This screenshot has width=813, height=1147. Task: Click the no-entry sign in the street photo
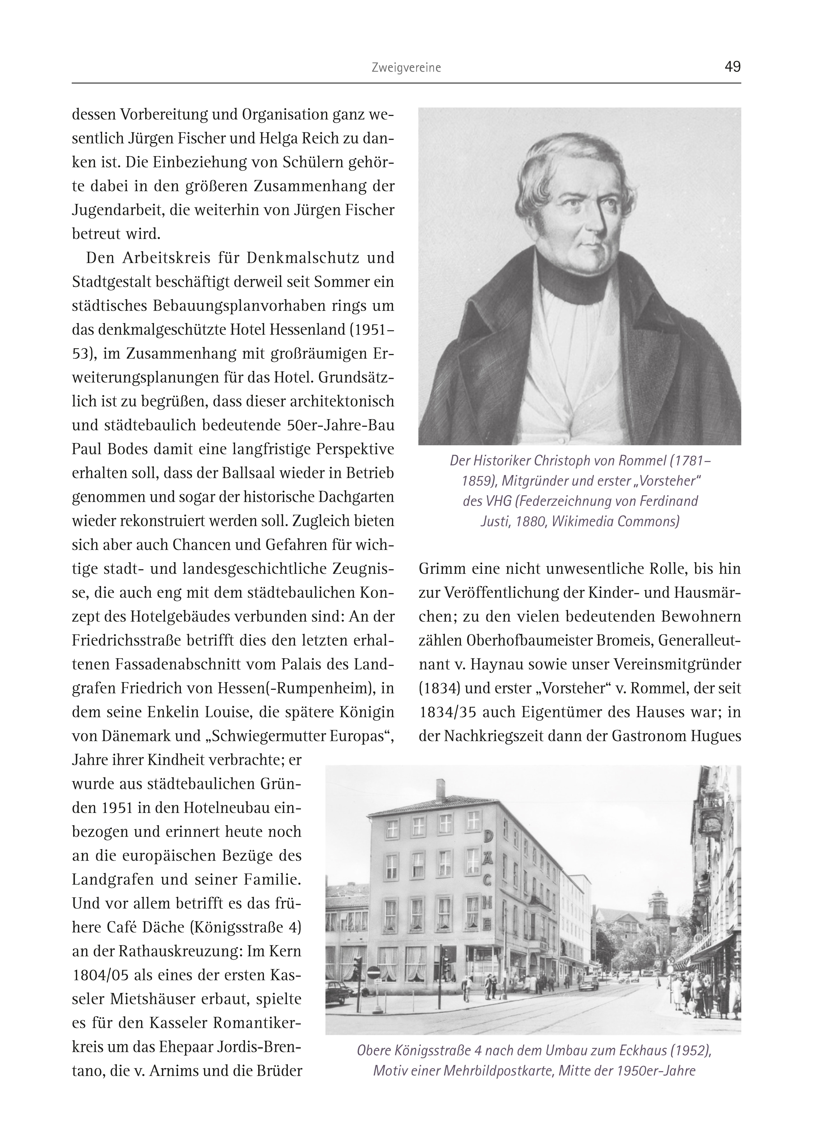[x=372, y=972]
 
